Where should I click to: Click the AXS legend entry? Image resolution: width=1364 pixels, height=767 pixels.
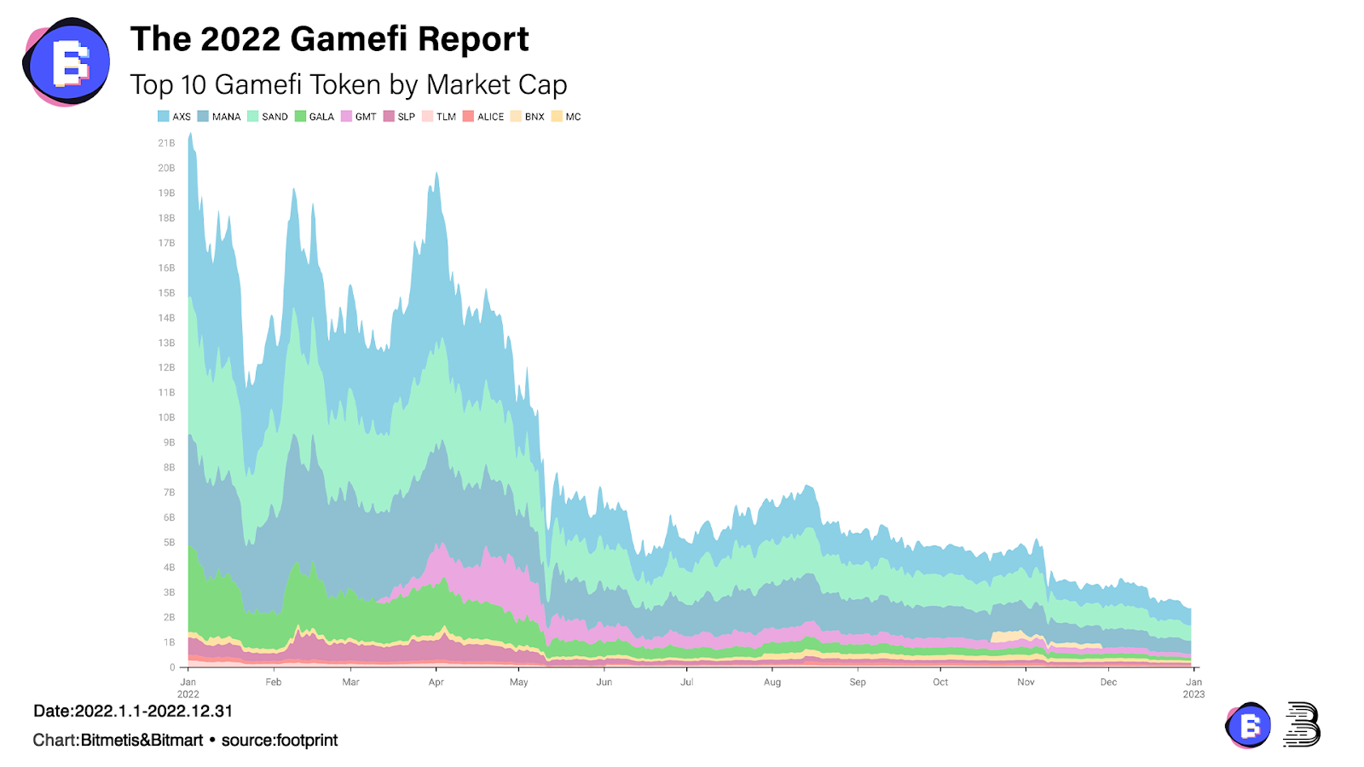pos(175,117)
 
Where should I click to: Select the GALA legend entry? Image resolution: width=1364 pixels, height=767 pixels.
pos(315,117)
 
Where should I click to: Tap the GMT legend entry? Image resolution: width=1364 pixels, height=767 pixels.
pos(359,117)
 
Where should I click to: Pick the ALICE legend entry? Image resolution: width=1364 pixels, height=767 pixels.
pos(483,117)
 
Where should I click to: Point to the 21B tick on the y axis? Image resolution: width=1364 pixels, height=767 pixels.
pos(166,143)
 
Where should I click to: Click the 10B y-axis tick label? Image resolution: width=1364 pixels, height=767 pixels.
pos(166,418)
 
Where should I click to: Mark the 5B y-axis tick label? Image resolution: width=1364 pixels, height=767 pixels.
pos(169,542)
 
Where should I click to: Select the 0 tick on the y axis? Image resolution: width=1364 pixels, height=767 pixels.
pos(172,667)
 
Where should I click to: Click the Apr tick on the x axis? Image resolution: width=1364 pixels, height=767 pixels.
pos(436,682)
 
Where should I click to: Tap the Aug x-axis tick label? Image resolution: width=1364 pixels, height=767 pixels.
pos(772,682)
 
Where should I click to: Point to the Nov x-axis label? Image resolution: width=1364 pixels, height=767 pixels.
pos(1026,682)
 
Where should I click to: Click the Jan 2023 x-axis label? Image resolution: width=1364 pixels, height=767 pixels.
pos(1193,688)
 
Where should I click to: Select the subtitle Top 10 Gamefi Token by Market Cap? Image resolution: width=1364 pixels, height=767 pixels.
pos(348,84)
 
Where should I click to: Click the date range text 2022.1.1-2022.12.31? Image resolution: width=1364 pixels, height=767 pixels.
pos(153,711)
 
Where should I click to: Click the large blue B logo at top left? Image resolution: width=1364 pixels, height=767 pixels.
pos(66,61)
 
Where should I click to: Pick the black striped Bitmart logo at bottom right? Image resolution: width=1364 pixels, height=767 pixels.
pos(1302,724)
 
